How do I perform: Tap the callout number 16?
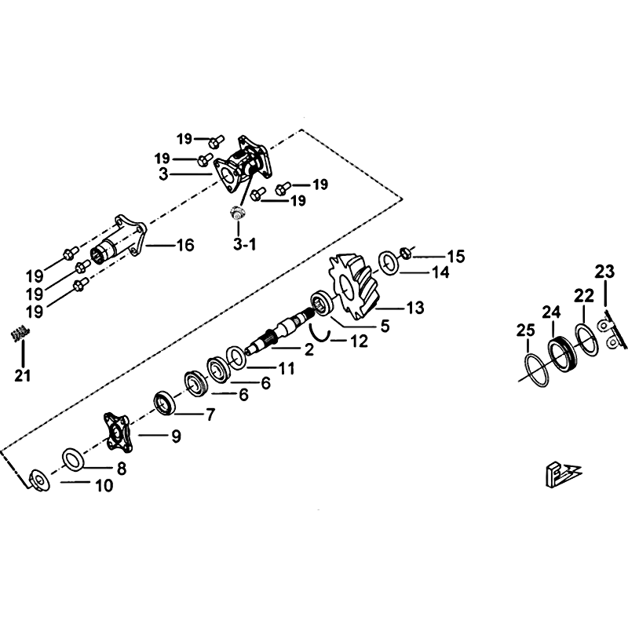(x=183, y=246)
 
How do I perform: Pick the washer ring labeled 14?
(x=389, y=261)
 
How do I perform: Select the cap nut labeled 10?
(x=36, y=478)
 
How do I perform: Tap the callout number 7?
(x=210, y=415)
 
